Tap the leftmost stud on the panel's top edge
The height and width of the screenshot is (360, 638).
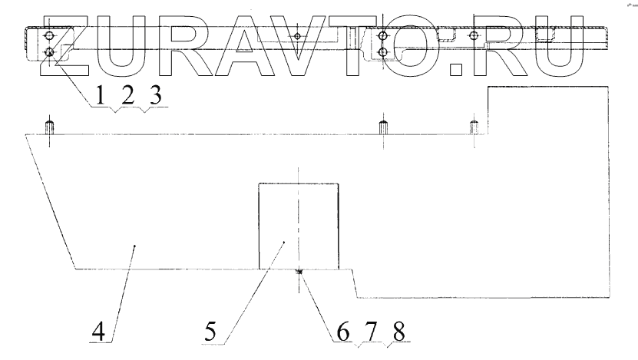tap(51, 127)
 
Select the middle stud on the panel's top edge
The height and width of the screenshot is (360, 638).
tap(382, 127)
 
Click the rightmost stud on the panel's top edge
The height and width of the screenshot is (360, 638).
tap(474, 127)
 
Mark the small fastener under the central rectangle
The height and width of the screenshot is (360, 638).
tap(299, 271)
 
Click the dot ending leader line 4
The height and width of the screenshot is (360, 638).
tap(135, 246)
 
